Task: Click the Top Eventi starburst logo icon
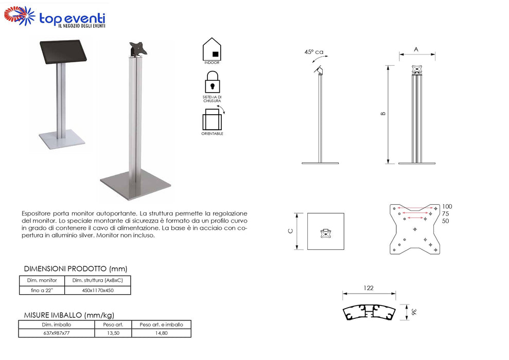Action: click(20, 15)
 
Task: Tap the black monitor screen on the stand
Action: click(63, 51)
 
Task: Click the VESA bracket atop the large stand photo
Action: click(138, 49)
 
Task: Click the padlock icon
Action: click(213, 82)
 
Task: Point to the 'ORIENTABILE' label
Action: click(213, 134)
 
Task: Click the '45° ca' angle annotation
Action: click(313, 52)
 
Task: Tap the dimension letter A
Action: click(416, 49)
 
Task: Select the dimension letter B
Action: click(383, 114)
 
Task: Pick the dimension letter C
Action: click(291, 231)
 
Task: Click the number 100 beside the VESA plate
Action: click(447, 207)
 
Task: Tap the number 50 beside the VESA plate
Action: click(445, 221)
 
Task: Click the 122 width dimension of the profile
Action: click(368, 288)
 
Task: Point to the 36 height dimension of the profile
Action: click(413, 312)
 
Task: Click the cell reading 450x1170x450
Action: click(98, 290)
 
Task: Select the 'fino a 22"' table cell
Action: click(42, 290)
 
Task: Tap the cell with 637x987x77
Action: click(57, 333)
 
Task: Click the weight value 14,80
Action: click(161, 333)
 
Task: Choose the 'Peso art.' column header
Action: click(113, 325)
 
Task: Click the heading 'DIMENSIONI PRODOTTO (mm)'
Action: click(76, 268)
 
